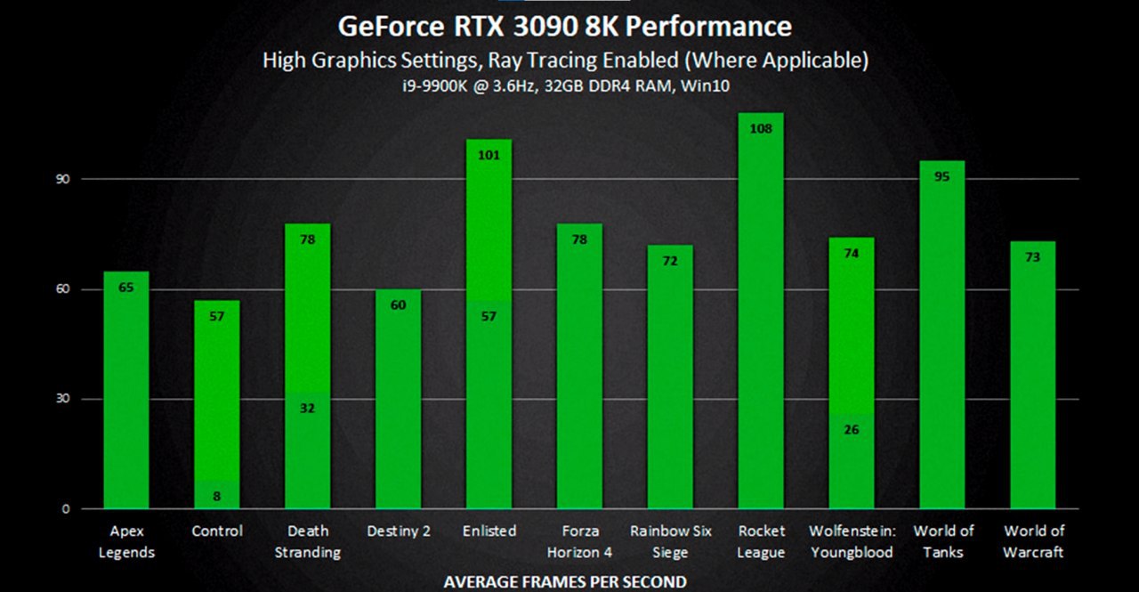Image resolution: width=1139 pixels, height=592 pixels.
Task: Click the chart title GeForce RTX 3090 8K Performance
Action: click(564, 26)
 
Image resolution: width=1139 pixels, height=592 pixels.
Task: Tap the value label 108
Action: click(761, 128)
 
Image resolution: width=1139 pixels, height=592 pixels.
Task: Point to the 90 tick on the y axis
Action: click(63, 179)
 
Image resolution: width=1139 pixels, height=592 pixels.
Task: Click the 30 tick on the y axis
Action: click(63, 399)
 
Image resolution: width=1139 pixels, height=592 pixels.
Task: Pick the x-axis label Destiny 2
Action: click(399, 531)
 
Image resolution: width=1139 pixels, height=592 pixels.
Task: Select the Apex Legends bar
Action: click(126, 392)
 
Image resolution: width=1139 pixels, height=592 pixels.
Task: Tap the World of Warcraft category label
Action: click(1033, 541)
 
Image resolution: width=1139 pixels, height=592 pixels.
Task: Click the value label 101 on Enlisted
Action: click(489, 155)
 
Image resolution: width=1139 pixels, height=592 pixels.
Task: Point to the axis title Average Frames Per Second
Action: click(565, 581)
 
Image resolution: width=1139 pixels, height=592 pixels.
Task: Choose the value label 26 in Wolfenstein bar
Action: click(852, 430)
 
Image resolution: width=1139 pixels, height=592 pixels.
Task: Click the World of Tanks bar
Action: click(942, 338)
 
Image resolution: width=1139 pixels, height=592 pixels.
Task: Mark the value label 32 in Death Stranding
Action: click(308, 409)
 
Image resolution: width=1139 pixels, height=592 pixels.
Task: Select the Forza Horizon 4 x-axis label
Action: click(579, 541)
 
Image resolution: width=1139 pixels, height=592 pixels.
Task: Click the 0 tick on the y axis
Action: click(65, 509)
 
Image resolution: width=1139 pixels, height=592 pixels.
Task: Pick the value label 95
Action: click(942, 176)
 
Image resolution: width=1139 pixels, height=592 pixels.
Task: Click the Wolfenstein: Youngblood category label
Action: click(852, 541)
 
